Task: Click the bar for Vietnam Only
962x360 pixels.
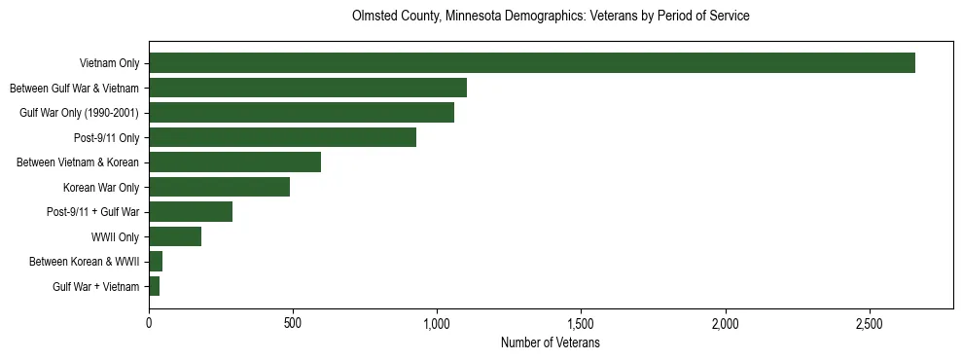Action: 532,63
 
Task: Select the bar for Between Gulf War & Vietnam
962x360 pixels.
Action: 307,88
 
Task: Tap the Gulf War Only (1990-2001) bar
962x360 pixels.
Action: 302,113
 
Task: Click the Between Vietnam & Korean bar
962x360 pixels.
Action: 234,162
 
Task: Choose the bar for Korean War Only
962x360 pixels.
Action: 219,187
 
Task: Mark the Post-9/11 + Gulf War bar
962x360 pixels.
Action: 191,212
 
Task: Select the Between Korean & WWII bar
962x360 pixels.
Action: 156,262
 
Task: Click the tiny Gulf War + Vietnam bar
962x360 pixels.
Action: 154,286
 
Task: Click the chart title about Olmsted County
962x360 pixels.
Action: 550,17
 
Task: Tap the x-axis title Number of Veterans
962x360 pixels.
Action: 550,343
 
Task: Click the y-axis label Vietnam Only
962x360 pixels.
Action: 109,64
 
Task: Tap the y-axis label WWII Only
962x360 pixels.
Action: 115,237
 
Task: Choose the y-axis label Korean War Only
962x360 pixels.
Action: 101,188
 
